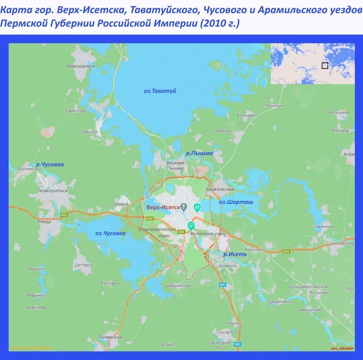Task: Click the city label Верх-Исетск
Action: [x=163, y=207]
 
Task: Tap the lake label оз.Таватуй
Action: [x=160, y=90]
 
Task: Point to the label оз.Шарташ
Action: [x=236, y=202]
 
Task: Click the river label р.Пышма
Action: [x=199, y=153]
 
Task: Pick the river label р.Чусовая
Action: [x=50, y=165]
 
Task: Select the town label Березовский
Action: [x=220, y=189]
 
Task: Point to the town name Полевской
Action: [x=109, y=337]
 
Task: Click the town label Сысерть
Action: [x=226, y=332]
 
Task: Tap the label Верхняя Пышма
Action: [x=176, y=165]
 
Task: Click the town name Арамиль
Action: [x=227, y=267]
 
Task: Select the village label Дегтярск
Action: [x=83, y=265]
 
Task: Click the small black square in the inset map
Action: [x=325, y=65]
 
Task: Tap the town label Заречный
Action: [x=324, y=227]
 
